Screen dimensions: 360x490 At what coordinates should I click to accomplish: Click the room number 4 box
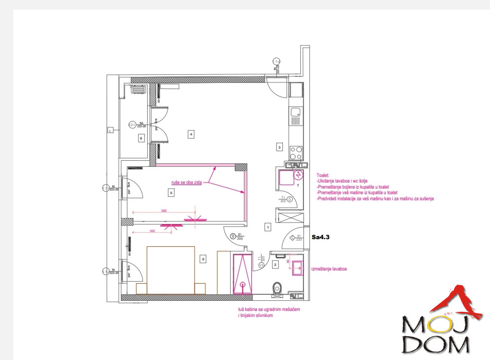(191, 134)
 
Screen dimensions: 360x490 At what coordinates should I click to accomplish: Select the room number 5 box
(171, 192)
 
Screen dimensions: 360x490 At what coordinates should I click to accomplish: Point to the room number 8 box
(141, 137)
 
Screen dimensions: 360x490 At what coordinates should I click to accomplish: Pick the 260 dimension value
(164, 210)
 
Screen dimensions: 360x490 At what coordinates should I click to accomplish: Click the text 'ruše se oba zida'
(186, 183)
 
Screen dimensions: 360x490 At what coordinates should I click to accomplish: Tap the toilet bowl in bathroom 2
(276, 289)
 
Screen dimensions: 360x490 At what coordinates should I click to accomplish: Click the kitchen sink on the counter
(296, 112)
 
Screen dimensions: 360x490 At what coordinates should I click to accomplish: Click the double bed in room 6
(171, 269)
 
